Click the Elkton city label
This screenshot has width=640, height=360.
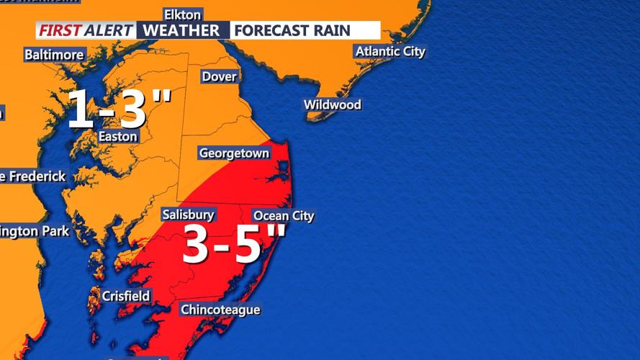point(183,14)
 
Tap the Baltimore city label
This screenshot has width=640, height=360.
point(54,54)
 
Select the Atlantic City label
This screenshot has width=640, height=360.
point(389,51)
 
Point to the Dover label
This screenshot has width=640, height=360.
point(219,76)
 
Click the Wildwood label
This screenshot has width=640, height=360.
point(332,104)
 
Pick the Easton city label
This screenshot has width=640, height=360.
point(117,136)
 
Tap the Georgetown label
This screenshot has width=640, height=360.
point(234,153)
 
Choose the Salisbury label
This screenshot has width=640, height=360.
point(188,215)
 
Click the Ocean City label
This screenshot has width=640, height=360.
point(284,215)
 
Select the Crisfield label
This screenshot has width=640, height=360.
point(126,295)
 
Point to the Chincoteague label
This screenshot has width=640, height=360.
point(220,310)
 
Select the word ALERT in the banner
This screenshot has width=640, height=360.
point(108,30)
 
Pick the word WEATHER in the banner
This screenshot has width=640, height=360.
point(181,30)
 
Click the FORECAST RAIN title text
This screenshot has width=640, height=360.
point(292,30)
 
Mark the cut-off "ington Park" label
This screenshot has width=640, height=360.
point(35,231)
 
